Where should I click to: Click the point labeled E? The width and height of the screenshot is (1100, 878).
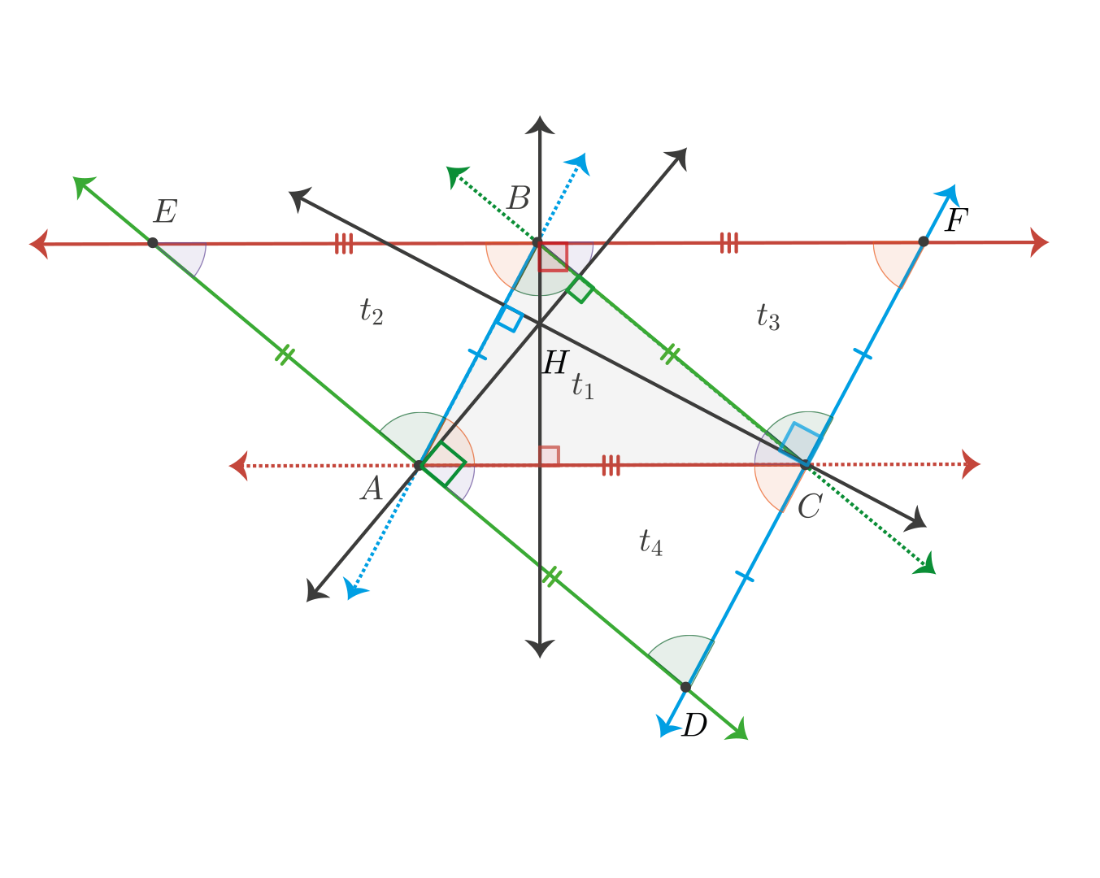[152, 243]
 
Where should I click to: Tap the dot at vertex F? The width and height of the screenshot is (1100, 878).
[923, 241]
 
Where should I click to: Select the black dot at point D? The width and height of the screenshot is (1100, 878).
[686, 688]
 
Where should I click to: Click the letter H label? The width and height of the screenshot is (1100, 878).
[555, 363]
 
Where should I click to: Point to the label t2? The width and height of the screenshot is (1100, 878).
[372, 311]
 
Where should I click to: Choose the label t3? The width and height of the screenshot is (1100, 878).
[768, 317]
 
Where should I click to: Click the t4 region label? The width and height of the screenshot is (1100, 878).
[651, 542]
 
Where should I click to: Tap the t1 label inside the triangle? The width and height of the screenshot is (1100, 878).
[583, 386]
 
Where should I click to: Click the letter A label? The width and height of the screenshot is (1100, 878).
[372, 488]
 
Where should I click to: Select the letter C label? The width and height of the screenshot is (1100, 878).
[811, 506]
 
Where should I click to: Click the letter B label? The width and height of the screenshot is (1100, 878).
[519, 198]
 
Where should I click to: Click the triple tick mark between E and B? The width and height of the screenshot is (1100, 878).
[344, 244]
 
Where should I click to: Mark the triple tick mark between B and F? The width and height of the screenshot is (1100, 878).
[729, 243]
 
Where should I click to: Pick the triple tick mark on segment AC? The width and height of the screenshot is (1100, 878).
[611, 466]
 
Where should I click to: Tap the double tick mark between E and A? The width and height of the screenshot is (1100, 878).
[285, 354]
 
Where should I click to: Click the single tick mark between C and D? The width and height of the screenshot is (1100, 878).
[745, 577]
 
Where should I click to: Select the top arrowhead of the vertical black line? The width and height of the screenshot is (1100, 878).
[540, 125]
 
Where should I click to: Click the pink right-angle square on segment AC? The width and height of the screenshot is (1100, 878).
[550, 456]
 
